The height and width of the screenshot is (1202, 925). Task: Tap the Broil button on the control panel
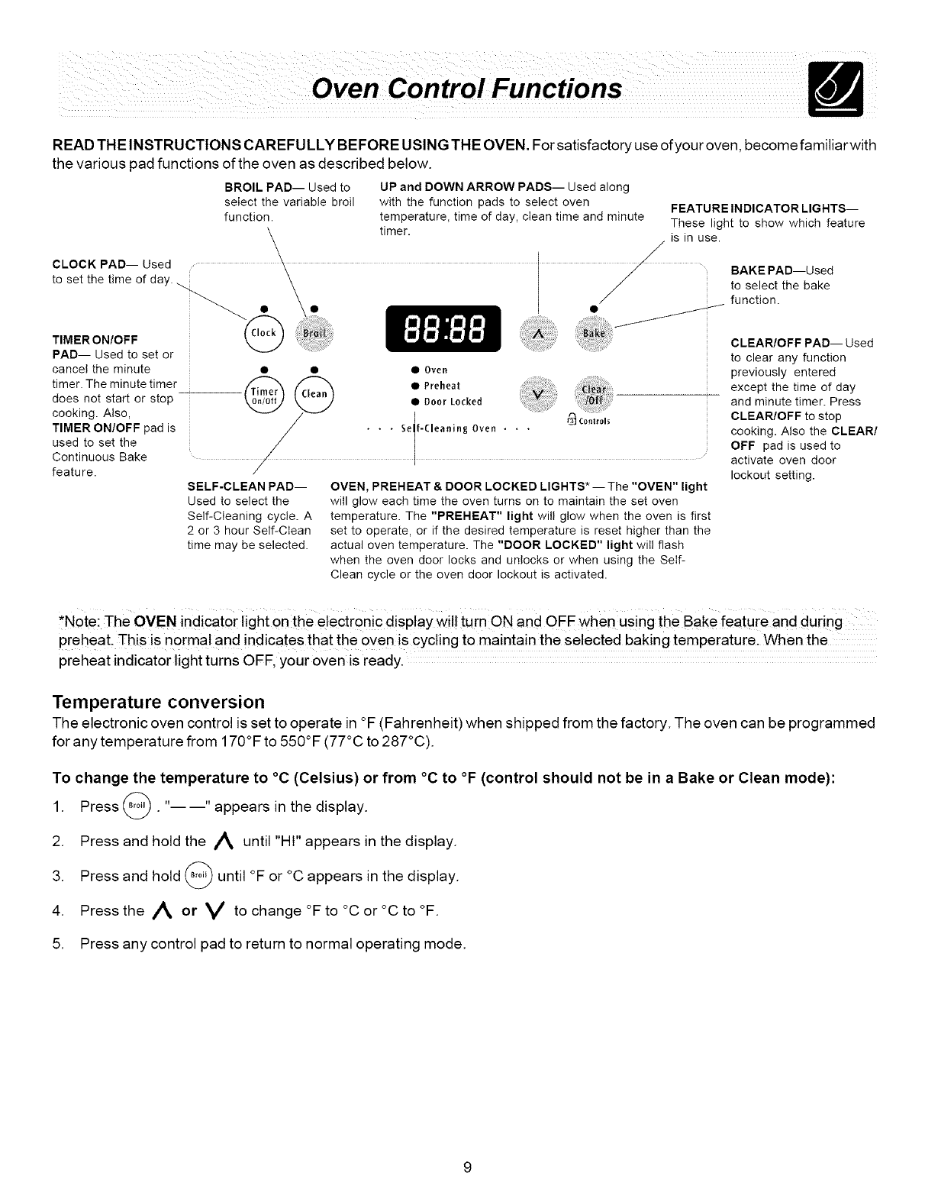[314, 334]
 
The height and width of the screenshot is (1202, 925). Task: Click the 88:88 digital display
[443, 329]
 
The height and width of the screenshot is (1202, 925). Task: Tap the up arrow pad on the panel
[538, 334]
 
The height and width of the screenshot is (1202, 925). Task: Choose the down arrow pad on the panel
[538, 395]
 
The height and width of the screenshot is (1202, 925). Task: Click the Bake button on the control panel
[593, 334]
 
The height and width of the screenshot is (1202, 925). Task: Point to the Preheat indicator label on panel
[442, 386]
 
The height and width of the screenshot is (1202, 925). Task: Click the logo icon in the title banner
[838, 89]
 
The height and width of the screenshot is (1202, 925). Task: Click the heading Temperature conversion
[158, 702]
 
